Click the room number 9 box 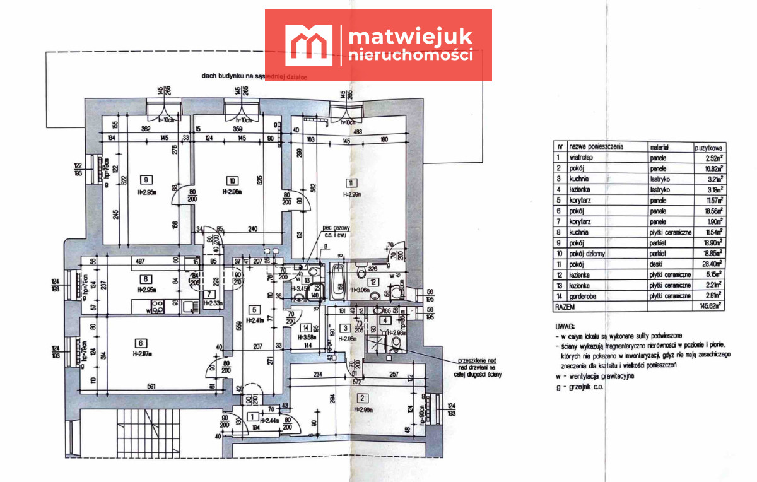(146, 179)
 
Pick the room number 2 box (362, 398)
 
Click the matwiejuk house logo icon (309, 45)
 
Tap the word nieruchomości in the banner (411, 55)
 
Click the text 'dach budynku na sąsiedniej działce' (258, 76)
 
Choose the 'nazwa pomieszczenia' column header (596, 146)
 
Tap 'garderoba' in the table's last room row (582, 296)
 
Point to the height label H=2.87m (144, 354)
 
